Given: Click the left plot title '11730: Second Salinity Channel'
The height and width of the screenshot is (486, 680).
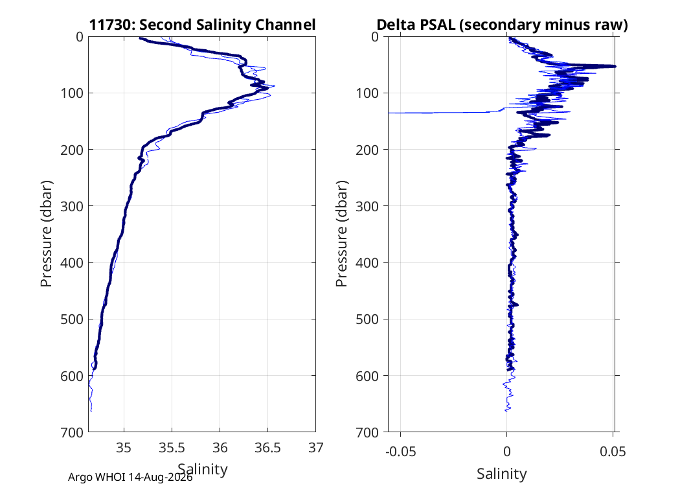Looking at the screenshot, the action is [202, 25].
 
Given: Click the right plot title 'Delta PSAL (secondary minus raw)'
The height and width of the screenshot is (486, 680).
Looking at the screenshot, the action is [502, 25].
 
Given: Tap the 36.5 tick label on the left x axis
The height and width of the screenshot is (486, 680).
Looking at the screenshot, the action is [267, 448].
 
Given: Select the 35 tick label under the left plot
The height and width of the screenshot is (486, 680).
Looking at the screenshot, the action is [124, 448].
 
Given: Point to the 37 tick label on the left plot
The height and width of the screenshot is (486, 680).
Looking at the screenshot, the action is [316, 448].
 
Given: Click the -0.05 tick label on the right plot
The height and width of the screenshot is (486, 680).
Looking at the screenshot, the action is [400, 452].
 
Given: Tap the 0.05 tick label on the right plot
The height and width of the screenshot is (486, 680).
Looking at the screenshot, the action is [613, 452].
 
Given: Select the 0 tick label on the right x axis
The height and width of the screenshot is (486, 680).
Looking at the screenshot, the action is [506, 452].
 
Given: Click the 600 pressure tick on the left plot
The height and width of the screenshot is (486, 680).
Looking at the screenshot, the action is [71, 376].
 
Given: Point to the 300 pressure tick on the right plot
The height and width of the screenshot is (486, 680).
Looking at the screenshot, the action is [367, 206].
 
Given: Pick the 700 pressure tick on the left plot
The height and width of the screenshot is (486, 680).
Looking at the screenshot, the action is [71, 432].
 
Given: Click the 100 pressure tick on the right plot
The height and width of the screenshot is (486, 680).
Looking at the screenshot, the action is [367, 93].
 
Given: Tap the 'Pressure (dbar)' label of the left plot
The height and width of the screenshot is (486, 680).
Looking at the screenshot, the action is [46, 234].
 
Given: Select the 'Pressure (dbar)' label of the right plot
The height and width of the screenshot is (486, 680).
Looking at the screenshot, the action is [342, 234].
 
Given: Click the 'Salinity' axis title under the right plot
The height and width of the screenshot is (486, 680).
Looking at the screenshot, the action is [502, 474].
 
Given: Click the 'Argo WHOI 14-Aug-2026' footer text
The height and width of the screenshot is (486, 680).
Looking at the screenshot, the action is [130, 478].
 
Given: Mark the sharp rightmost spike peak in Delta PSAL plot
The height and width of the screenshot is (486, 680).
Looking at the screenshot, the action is [615, 66].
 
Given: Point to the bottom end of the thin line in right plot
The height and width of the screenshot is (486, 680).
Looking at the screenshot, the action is [506, 410].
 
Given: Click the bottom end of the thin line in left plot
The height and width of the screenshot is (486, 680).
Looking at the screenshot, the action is [91, 411].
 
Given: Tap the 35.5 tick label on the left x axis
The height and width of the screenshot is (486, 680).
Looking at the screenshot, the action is [172, 448].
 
